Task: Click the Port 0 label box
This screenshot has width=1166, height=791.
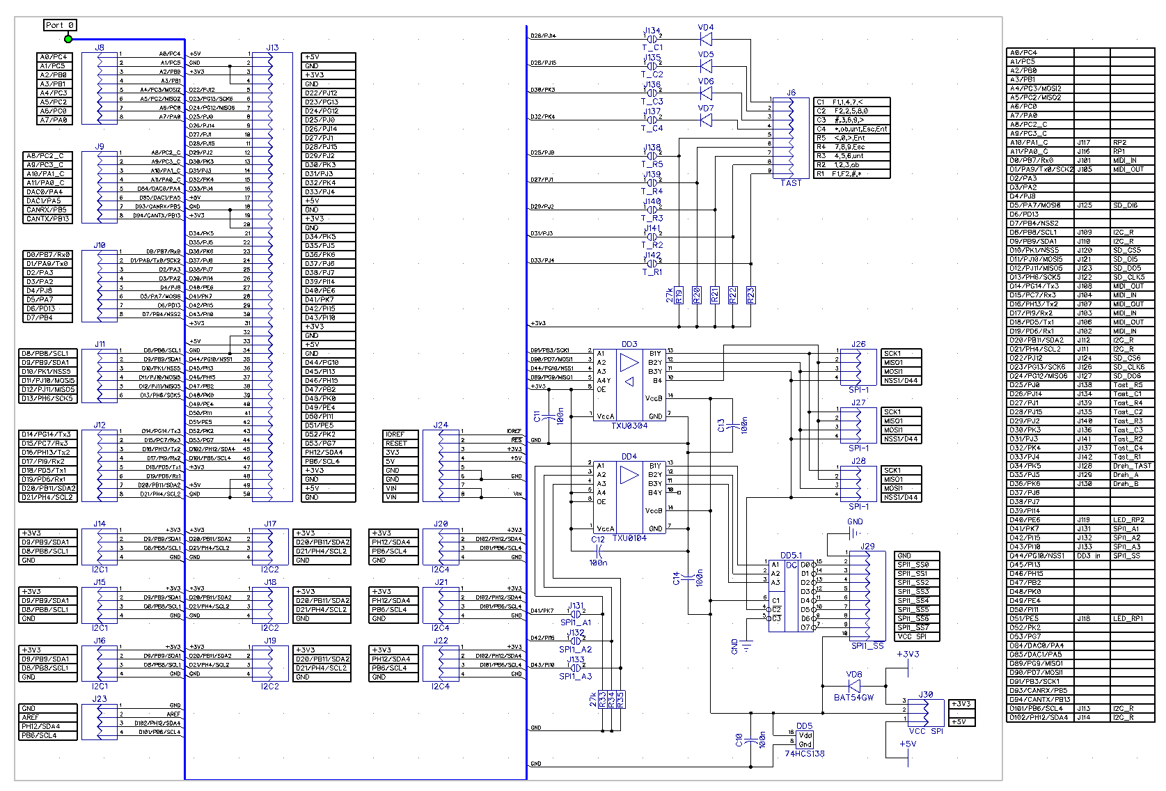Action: click(x=59, y=26)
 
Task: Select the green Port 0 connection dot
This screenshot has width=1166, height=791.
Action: click(x=68, y=39)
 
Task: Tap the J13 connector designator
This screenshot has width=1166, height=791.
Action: click(x=272, y=48)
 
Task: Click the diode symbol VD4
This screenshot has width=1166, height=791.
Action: click(x=706, y=39)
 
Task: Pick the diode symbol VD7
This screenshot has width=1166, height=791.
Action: click(x=706, y=120)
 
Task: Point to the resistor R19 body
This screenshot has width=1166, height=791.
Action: click(x=679, y=295)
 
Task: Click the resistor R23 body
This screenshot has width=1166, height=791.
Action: click(x=751, y=295)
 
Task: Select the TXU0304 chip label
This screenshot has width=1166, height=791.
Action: click(x=629, y=426)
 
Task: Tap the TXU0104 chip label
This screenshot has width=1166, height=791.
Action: click(x=629, y=538)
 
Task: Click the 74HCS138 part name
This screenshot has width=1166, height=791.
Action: click(x=804, y=754)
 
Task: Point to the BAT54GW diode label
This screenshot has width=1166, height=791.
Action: click(x=853, y=698)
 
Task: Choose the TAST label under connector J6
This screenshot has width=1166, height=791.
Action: click(x=791, y=183)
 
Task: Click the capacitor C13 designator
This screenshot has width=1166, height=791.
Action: click(x=721, y=425)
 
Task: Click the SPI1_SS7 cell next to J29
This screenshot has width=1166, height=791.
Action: click(x=913, y=627)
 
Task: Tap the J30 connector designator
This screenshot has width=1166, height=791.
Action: click(x=926, y=695)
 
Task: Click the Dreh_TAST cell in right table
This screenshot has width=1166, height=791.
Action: click(x=1131, y=466)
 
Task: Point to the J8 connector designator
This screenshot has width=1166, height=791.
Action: click(x=100, y=48)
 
